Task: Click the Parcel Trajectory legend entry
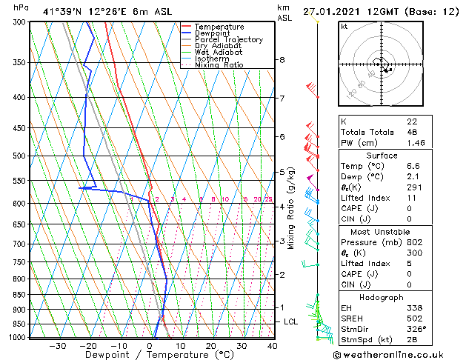click(228, 39)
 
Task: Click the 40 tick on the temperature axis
click(273, 346)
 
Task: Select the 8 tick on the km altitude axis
click(282, 60)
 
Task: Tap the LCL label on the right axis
click(291, 321)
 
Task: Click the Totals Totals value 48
click(412, 132)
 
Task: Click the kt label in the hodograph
click(344, 26)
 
